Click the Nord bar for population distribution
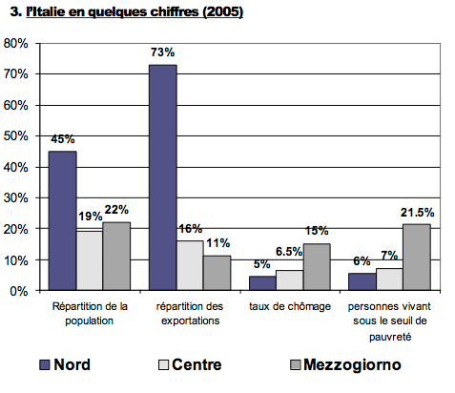[62, 220]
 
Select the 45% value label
[62, 139]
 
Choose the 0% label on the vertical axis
[21, 291]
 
